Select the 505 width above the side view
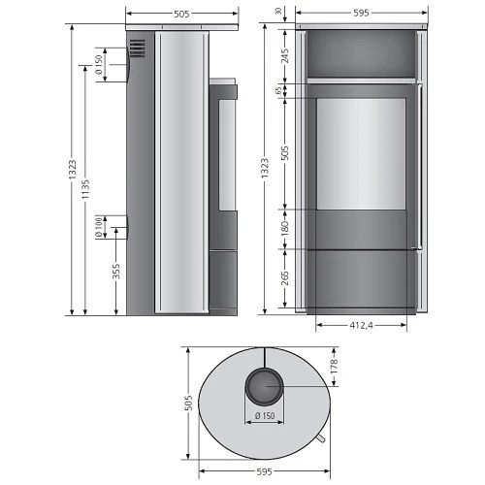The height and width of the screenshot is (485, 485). coord(181,14)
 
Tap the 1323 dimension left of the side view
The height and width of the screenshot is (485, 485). coord(72,167)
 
